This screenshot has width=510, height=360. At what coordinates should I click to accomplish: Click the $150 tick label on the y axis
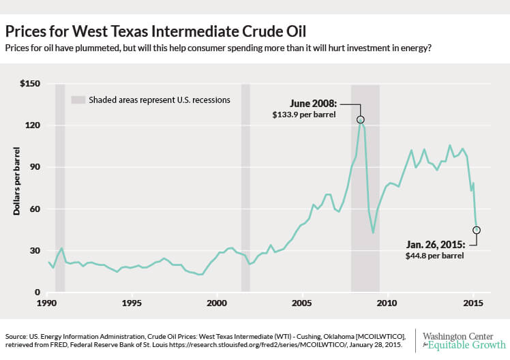(30, 84)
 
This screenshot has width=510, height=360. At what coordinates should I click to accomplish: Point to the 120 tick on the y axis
(33, 125)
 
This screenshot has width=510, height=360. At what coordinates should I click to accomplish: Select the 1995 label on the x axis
(132, 303)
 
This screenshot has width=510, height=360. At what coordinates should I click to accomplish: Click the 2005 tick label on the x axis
(302, 303)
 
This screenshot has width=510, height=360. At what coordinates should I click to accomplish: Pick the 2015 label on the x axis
(473, 303)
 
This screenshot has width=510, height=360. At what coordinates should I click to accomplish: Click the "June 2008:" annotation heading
(313, 104)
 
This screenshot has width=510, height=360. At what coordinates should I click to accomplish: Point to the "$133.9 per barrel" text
(304, 115)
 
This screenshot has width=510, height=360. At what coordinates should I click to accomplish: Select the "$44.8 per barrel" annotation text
(435, 256)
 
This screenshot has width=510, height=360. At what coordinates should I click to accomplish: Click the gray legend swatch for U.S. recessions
(78, 100)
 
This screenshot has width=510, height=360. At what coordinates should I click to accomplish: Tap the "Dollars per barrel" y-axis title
(16, 181)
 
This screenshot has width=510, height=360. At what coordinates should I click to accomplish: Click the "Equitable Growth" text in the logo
(467, 345)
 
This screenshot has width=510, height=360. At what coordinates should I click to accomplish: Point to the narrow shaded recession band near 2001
(245, 187)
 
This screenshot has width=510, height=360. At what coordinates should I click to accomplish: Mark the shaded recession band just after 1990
(60, 187)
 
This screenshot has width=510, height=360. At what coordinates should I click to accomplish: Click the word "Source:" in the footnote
(16, 337)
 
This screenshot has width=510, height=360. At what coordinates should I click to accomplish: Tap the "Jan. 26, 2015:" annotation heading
(436, 245)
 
